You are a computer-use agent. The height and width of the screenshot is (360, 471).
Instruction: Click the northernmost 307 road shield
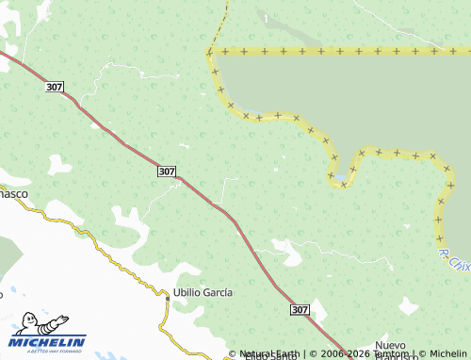click(54, 86)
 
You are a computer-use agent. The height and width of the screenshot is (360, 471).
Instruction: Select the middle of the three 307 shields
click(167, 171)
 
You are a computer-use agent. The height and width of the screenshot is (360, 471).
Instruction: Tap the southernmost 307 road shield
click(300, 309)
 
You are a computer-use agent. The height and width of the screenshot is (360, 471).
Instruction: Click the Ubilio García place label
click(203, 292)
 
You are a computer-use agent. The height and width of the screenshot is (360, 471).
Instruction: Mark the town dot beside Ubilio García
click(169, 293)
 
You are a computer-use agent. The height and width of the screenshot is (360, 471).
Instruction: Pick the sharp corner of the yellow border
click(209, 51)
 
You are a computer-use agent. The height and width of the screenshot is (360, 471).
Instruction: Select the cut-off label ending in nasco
click(13, 193)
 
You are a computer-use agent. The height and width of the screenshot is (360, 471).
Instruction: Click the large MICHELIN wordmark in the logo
click(48, 342)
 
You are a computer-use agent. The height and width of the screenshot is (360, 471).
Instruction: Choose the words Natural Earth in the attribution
click(268, 354)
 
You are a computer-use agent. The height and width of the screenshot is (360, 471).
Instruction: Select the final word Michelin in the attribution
click(448, 354)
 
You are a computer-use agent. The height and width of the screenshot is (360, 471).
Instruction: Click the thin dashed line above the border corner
click(224, 19)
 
